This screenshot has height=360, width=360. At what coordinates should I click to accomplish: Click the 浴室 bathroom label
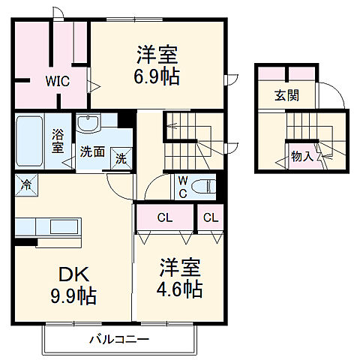point(58,142)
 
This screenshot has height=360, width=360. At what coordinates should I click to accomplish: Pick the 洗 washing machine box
point(120,158)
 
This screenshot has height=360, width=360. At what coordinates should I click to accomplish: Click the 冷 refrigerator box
point(26,182)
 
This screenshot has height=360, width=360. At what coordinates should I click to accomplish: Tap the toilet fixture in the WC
point(203,185)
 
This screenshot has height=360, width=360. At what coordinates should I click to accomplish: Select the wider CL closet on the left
point(163,218)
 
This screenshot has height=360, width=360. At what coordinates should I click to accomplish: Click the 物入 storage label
point(302,157)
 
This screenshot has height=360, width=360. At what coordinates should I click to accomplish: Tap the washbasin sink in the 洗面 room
point(95,124)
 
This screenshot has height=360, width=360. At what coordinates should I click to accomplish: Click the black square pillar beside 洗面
point(129,118)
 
